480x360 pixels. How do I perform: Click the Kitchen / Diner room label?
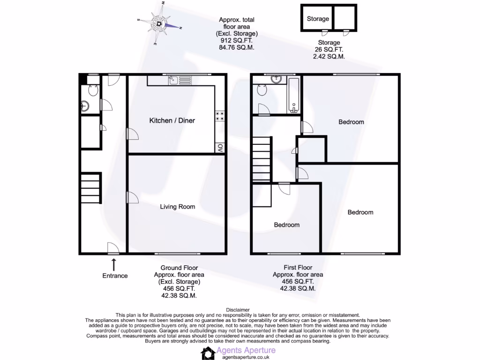pyautogui.click(x=172, y=120)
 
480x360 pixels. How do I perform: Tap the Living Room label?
pyautogui.click(x=177, y=206)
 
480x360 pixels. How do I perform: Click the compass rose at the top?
pyautogui.click(x=159, y=23)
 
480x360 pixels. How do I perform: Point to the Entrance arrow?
pyautogui.click(x=114, y=264)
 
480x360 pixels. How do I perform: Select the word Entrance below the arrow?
pyautogui.click(x=115, y=276)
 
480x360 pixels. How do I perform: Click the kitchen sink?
pyautogui.click(x=173, y=81)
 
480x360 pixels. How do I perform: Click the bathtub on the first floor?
pyautogui.click(x=294, y=96)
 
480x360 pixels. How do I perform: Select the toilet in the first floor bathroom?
pyautogui.click(x=262, y=90)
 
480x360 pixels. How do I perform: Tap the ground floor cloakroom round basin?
pyautogui.click(x=85, y=105)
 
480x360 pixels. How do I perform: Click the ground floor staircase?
pyautogui.click(x=90, y=188)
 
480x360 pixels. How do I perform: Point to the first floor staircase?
pyautogui.click(x=262, y=159)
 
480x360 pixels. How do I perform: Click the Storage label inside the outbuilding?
pyautogui.click(x=318, y=19)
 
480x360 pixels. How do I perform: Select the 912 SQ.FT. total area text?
pyautogui.click(x=237, y=41)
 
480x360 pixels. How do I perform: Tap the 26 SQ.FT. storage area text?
pyautogui.click(x=329, y=50)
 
